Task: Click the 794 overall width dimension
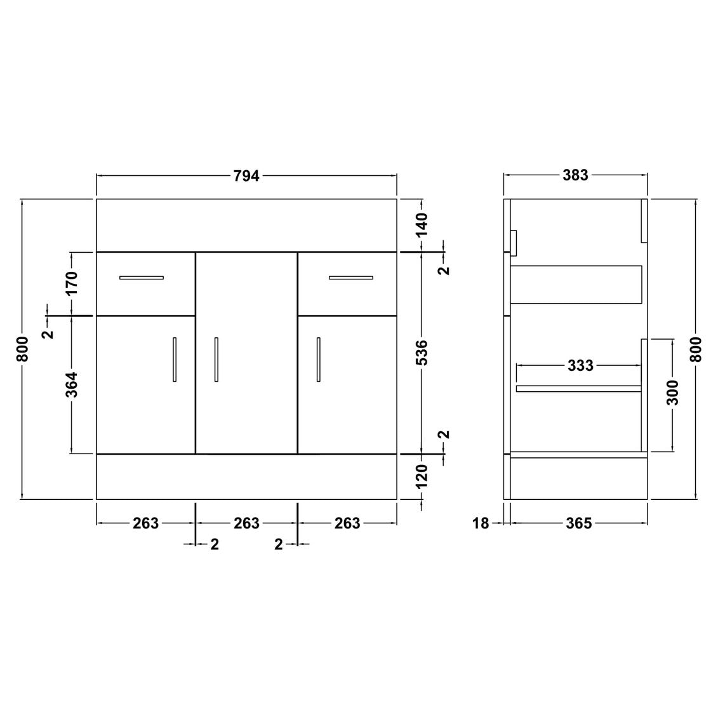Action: pos(246,176)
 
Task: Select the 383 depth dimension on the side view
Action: pos(575,175)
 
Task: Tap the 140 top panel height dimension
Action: pos(422,224)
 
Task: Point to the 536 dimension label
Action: pos(422,353)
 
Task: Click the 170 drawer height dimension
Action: pos(72,283)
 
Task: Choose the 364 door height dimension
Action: pos(72,385)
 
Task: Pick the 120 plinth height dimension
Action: pos(422,476)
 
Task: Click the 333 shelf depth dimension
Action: pos(580,365)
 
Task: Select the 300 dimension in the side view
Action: pos(672,393)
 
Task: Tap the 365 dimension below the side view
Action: pos(579,523)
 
